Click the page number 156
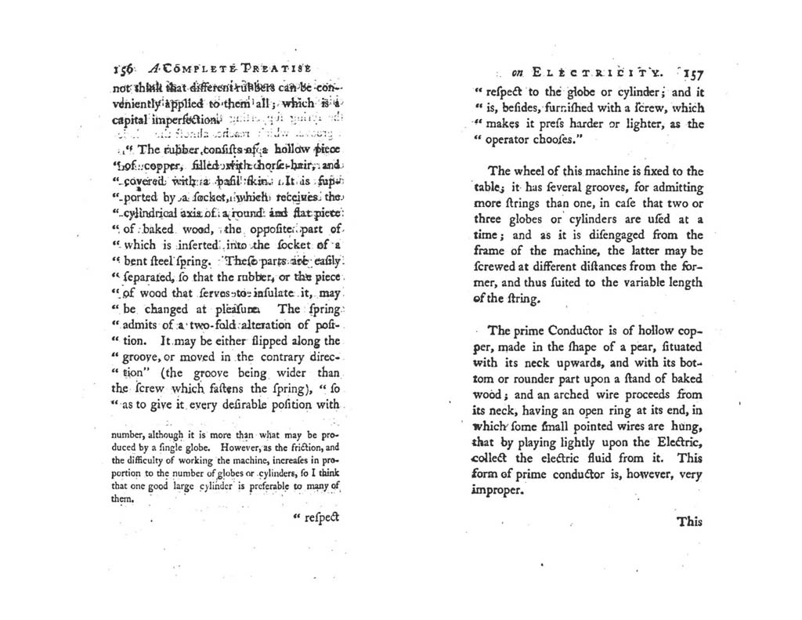tap(122, 68)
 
